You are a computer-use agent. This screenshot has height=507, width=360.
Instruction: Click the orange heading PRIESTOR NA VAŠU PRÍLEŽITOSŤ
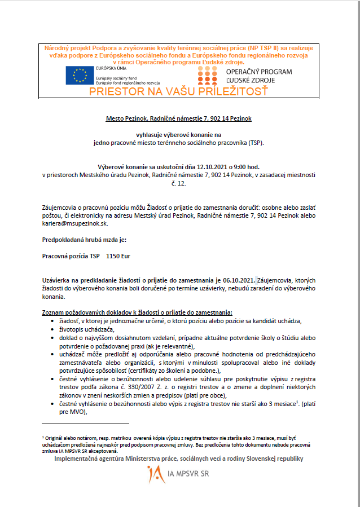[179, 91]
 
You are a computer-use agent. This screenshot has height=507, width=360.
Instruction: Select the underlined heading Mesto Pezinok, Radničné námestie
[179, 119]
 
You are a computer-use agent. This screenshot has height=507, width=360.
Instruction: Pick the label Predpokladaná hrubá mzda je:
[80, 240]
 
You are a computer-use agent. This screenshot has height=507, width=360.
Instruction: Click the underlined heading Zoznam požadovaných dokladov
[137, 312]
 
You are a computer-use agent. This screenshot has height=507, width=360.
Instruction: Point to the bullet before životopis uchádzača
[53, 329]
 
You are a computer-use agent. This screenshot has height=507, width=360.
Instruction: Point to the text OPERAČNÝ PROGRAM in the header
[259, 72]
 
